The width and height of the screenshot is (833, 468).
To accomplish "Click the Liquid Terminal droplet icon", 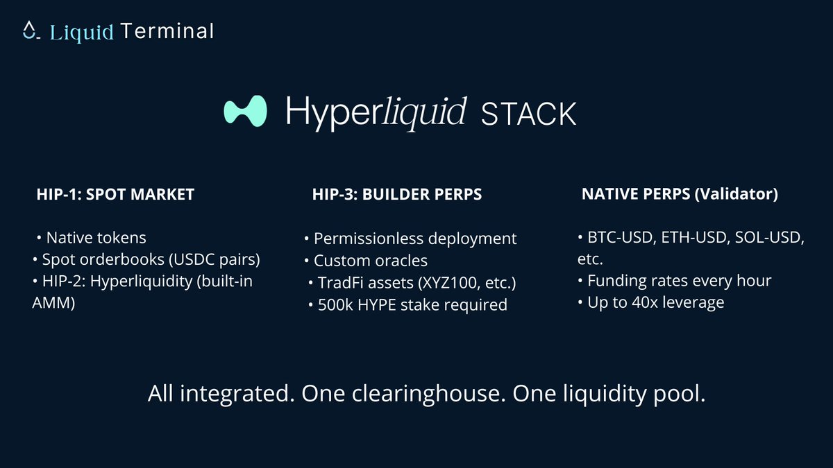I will click(x=28, y=31).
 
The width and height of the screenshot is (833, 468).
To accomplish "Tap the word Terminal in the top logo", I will click(x=167, y=31).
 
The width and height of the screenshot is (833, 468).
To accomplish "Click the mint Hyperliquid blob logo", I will click(x=246, y=111).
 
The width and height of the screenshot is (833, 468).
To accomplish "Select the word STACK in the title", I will click(x=528, y=114).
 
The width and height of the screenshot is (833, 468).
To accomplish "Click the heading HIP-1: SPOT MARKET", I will click(x=115, y=195).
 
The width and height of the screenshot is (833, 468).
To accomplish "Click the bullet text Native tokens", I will click(x=96, y=238).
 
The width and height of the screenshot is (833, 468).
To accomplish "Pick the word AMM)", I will click(x=52, y=304).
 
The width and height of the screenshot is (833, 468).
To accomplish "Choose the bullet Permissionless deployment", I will click(x=415, y=239).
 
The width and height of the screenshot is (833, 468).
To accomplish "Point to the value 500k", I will click(x=333, y=304).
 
